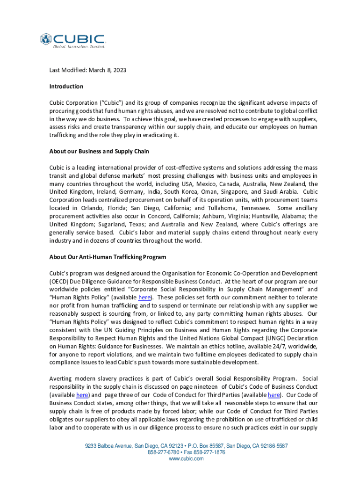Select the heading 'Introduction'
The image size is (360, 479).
[x=66, y=87]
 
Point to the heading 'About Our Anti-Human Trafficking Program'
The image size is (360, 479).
[x=108, y=257]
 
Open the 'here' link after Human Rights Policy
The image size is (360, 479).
[x=144, y=298]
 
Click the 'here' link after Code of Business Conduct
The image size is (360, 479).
[x=82, y=394]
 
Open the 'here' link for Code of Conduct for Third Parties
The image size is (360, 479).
[x=274, y=394]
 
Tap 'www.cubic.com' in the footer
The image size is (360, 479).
[x=186, y=459]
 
